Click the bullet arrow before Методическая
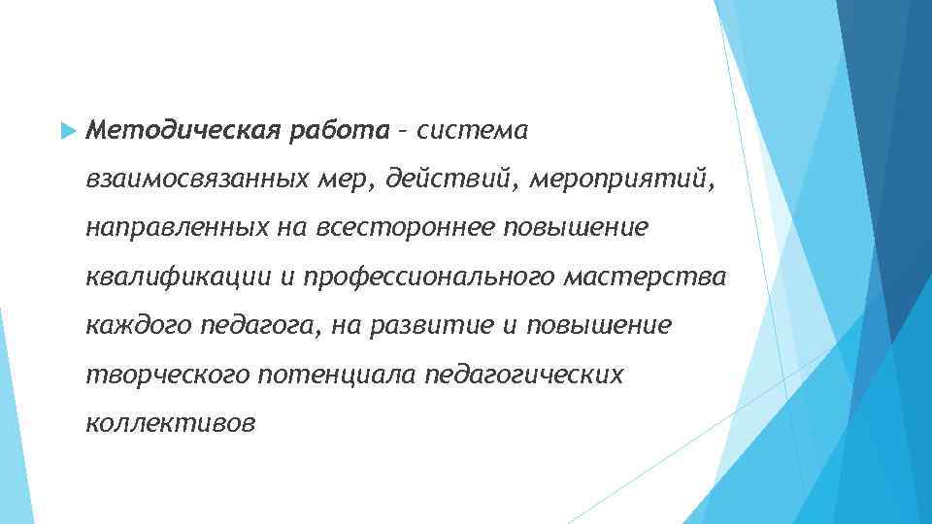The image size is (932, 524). (x=67, y=129)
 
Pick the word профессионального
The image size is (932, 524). (x=430, y=277)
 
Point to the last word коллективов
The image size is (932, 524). (x=171, y=424)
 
